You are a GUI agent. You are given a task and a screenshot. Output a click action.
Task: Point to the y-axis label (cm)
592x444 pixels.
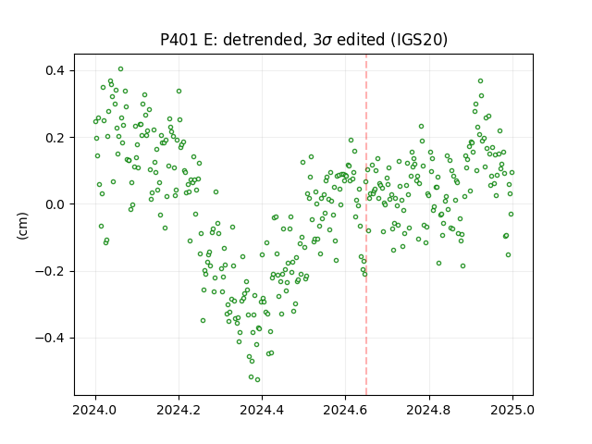(22, 226)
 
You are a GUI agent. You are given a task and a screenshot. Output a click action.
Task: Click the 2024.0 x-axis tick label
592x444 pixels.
(95, 410)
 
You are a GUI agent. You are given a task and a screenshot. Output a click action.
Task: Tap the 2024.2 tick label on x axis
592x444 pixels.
(179, 410)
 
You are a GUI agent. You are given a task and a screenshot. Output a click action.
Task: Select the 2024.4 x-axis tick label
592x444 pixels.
(262, 410)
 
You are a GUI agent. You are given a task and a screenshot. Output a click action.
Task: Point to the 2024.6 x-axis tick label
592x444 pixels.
(345, 410)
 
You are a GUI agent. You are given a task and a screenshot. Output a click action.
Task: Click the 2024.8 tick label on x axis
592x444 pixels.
(429, 410)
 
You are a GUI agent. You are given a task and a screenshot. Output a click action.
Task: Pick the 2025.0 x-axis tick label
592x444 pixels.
(512, 410)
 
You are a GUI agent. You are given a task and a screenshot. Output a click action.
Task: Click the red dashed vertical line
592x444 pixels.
(366, 225)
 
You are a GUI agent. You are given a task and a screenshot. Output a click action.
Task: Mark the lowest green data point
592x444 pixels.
(257, 380)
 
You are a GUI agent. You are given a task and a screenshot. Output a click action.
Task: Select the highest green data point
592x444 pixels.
(121, 69)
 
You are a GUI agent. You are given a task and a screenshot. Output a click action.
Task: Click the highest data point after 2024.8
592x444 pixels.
(481, 81)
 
